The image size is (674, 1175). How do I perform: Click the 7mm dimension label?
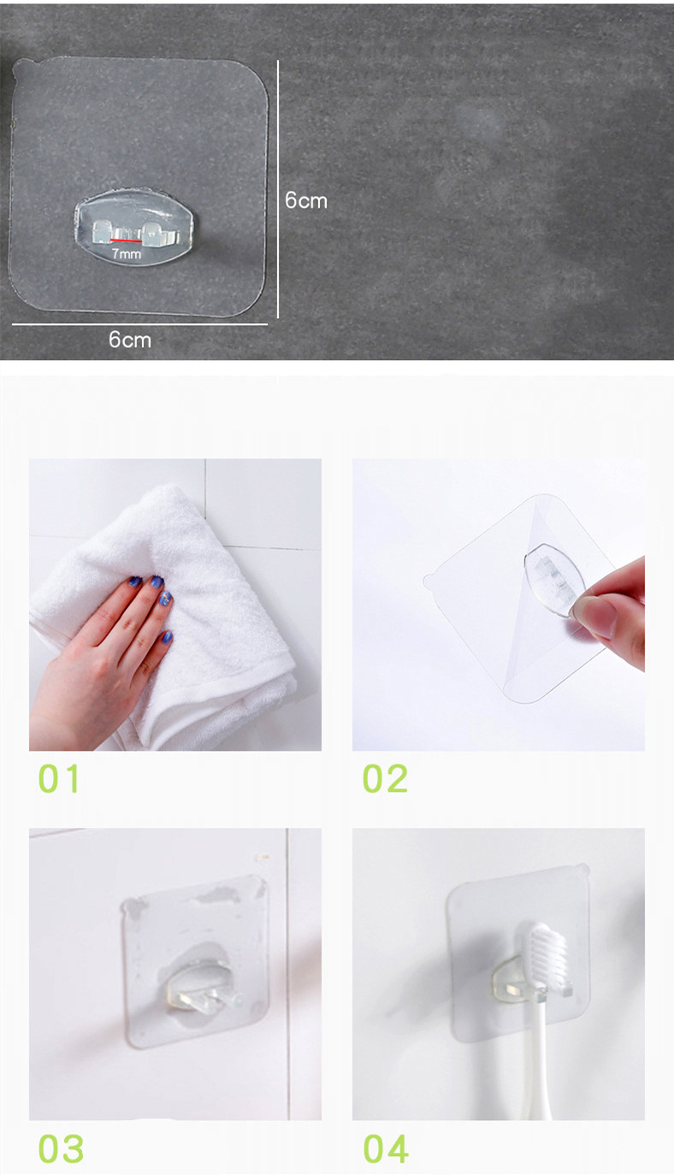[127, 254]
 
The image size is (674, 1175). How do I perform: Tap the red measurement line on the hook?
[126, 241]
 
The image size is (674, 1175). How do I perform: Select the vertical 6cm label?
[306, 200]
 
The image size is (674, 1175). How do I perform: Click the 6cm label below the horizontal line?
[129, 340]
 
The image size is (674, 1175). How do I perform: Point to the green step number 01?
[59, 778]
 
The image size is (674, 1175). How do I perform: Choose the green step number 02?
[385, 778]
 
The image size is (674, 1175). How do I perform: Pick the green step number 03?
[61, 1148]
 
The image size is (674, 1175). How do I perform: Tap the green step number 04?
[386, 1148]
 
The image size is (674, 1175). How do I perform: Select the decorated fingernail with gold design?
[166, 598]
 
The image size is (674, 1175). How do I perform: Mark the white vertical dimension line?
[278, 189]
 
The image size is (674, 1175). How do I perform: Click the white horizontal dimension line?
[139, 324]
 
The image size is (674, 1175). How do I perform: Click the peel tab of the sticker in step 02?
[429, 582]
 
